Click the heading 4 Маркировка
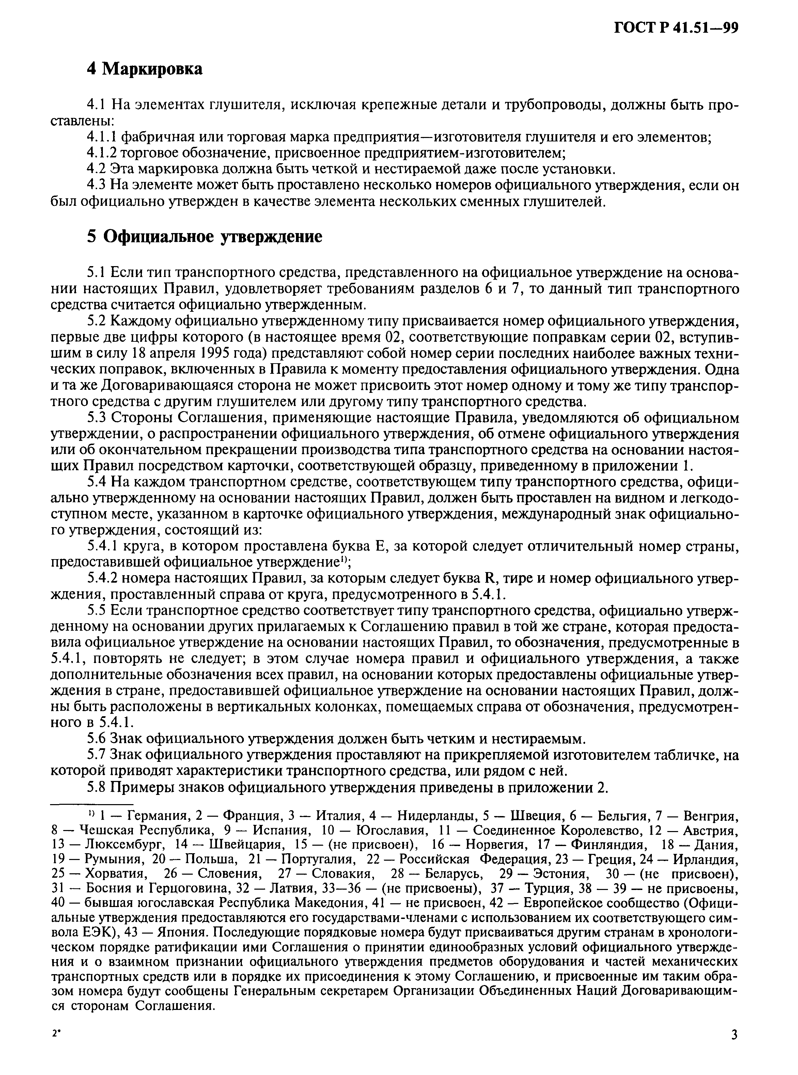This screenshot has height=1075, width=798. point(144,69)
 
